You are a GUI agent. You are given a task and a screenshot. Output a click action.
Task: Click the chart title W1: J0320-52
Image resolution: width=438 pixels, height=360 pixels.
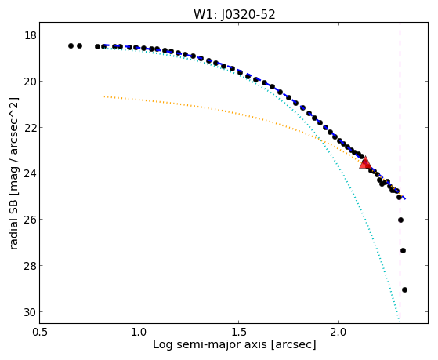(x=234, y=14)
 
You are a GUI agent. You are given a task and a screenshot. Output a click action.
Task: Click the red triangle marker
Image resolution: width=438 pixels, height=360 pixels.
(x=365, y=163)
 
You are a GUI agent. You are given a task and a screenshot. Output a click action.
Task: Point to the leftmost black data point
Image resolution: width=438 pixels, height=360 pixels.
(x=71, y=45)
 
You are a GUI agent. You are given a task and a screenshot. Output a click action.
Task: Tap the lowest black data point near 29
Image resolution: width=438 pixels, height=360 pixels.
(x=404, y=289)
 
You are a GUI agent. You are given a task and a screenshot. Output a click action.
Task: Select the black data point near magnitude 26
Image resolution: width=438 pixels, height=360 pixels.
(x=401, y=220)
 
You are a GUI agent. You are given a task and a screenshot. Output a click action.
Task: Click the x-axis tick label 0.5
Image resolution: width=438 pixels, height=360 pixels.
(x=40, y=333)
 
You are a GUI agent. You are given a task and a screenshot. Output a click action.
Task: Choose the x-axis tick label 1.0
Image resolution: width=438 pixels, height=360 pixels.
(x=139, y=333)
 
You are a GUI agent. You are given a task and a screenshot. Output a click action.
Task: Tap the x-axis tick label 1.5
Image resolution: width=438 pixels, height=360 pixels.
(x=239, y=333)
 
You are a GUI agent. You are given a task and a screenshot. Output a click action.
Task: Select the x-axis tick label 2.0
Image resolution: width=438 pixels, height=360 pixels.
(x=338, y=333)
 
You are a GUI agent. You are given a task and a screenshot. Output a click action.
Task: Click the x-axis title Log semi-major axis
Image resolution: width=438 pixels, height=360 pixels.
(x=210, y=345)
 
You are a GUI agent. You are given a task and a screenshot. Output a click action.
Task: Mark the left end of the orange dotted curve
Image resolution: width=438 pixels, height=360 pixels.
(x=104, y=96)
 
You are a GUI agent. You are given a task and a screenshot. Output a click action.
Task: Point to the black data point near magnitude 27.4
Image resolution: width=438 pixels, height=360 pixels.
(x=403, y=251)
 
